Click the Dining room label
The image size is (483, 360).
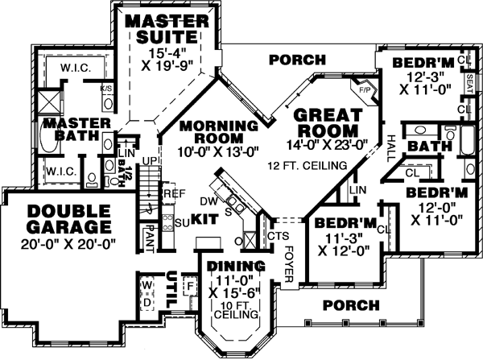pos(236,267)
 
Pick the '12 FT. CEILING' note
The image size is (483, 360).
pos(308,164)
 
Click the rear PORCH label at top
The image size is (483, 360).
pos(297,60)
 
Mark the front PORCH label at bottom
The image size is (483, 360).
pos(350,305)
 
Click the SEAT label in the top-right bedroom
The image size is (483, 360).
pos(469,83)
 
